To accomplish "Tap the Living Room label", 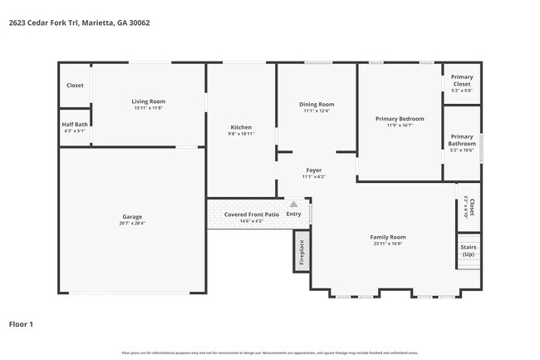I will point(148,101).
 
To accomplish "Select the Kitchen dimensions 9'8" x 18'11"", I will point(241,133).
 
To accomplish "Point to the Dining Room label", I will point(317,104).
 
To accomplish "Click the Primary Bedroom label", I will point(400,119).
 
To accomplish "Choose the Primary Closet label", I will point(461,81).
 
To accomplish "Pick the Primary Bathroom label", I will point(462,140).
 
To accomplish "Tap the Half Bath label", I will point(74,124).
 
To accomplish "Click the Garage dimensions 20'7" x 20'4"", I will point(132,223).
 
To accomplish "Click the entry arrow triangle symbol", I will point(293,204).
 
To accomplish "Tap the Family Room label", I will point(388,237).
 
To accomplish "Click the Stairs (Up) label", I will point(468,249).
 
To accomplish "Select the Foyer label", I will point(314,170).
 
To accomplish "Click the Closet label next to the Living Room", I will point(75,85).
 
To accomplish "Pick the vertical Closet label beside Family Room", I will point(471,206).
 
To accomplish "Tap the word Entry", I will point(293,214).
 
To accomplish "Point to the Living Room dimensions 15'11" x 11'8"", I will point(148,108).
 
